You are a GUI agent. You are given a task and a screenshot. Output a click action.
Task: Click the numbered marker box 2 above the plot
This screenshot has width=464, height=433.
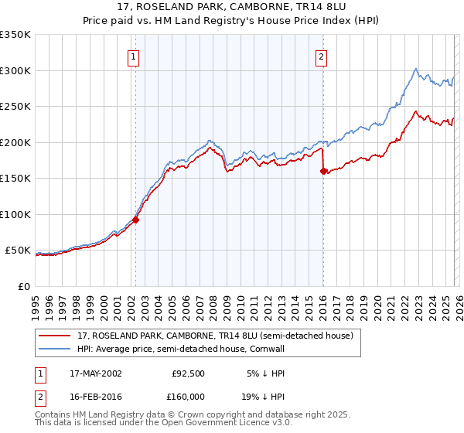click(321, 56)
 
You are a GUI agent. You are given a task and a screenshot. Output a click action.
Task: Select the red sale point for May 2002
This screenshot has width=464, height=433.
click(135, 220)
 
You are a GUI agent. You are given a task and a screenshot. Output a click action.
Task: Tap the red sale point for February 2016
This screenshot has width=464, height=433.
click(323, 172)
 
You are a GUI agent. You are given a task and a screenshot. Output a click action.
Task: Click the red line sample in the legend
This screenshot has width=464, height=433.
click(54, 336)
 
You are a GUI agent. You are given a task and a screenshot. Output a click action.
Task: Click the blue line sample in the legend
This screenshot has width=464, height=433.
click(54, 348)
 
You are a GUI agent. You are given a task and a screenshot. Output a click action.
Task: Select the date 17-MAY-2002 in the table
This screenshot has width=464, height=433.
click(95, 373)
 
